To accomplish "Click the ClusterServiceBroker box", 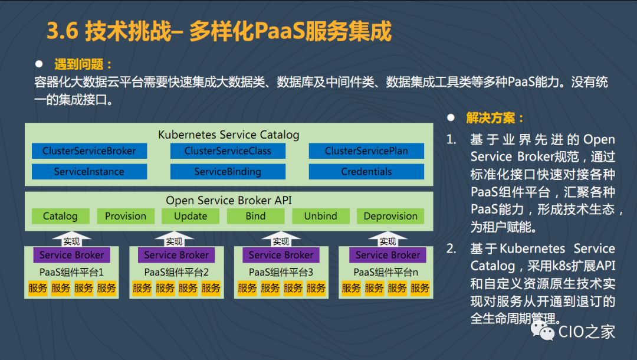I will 89,151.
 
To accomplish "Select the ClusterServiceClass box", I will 228,151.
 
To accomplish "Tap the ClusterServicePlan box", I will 366,151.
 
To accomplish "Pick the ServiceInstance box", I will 89,172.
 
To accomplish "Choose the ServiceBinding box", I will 228,172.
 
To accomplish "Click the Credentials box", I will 366,172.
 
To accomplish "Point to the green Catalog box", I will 60,216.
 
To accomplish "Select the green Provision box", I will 126,216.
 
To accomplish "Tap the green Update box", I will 191,216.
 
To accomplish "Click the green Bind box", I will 255,216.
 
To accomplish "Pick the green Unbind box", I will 320,216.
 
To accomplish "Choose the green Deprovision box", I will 390,216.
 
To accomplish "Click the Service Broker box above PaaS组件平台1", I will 72,255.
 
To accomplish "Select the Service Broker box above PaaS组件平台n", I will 388,255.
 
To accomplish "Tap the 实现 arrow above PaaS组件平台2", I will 175,240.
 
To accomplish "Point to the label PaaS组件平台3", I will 281,272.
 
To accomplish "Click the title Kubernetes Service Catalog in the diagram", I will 229,135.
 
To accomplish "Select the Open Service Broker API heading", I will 229,200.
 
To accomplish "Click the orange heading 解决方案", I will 495,118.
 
